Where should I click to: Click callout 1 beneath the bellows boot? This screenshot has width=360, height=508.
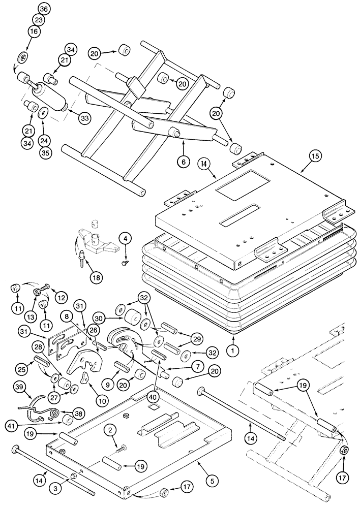(x=234, y=350)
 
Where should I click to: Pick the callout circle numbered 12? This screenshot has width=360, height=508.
(x=61, y=297)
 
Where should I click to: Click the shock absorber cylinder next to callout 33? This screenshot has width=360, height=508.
(x=49, y=98)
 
